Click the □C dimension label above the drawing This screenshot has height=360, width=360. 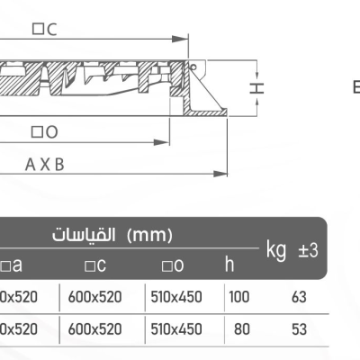pyautogui.click(x=44, y=30)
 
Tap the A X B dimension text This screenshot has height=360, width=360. pyautogui.click(x=45, y=166)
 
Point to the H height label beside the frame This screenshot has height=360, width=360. pyautogui.click(x=256, y=87)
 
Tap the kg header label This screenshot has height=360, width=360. pyautogui.click(x=275, y=248)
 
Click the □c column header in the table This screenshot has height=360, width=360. pyautogui.click(x=96, y=265)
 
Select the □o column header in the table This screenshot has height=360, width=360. pyautogui.click(x=174, y=265)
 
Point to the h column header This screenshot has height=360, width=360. pyautogui.click(x=229, y=265)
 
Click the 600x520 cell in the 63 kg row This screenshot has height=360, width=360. pyautogui.click(x=96, y=295)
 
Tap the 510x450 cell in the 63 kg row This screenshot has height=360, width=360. pyautogui.click(x=175, y=295)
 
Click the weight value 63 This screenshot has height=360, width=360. pyautogui.click(x=300, y=295)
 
